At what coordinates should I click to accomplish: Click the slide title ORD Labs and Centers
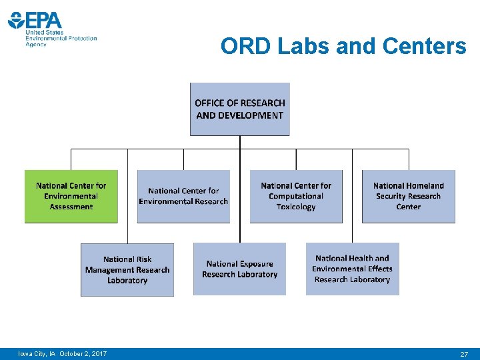click(x=343, y=46)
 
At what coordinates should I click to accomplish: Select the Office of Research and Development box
click(x=240, y=109)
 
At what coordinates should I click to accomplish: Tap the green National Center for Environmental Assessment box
click(x=71, y=196)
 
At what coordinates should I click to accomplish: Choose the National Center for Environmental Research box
click(x=183, y=196)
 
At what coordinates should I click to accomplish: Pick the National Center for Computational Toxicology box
click(x=296, y=196)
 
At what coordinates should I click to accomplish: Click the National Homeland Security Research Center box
click(x=409, y=196)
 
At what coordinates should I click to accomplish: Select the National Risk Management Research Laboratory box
click(x=127, y=269)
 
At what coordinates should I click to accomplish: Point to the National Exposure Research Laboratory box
click(x=239, y=269)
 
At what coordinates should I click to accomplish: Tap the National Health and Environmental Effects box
click(x=352, y=269)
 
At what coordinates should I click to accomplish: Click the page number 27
click(x=464, y=354)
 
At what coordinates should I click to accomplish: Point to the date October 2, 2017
click(x=83, y=353)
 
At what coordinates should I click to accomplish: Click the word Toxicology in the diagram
click(x=296, y=207)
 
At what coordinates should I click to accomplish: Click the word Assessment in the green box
click(x=71, y=207)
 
